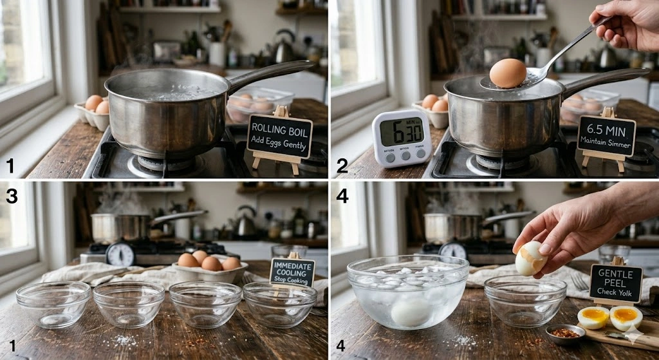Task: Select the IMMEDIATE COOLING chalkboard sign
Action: [292, 272]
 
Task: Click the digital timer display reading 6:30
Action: [401, 131]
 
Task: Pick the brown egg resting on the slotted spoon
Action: [508, 73]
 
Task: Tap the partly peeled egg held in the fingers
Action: [530, 258]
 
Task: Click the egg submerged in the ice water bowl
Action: [412, 312]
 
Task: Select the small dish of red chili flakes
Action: [565, 334]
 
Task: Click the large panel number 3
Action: [12, 195]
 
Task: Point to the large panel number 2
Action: [342, 166]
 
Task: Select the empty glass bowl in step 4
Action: [525, 300]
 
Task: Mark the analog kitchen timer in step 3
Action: [120, 254]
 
